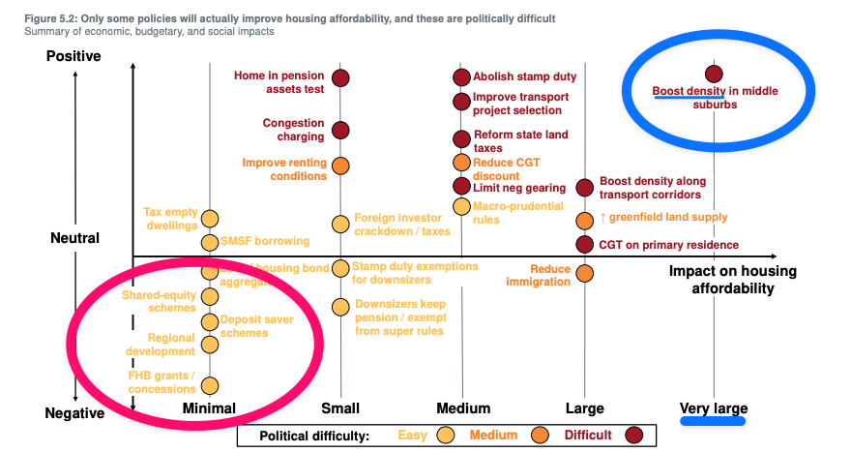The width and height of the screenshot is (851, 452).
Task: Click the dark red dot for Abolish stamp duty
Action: (x=462, y=77)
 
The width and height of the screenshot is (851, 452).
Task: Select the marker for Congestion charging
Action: (x=340, y=131)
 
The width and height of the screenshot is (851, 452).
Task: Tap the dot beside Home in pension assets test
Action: (x=340, y=77)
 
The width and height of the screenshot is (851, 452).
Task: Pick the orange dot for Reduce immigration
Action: (x=584, y=274)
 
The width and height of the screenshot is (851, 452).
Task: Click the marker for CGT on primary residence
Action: (x=584, y=244)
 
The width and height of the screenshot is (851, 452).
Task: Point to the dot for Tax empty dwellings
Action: (x=210, y=220)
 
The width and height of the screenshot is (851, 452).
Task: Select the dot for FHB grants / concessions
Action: (x=210, y=386)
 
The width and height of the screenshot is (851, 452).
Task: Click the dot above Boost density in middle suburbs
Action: (x=714, y=74)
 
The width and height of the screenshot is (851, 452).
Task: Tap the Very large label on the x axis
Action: (x=714, y=408)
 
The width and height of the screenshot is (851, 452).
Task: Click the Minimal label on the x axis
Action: (x=209, y=408)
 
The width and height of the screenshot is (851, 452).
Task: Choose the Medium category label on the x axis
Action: (x=462, y=408)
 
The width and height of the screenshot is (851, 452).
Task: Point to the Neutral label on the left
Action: (x=73, y=238)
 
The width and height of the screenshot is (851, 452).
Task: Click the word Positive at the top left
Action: (x=73, y=56)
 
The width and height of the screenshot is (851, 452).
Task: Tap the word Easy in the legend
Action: (x=413, y=436)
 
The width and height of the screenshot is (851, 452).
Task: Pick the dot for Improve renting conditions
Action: (x=340, y=166)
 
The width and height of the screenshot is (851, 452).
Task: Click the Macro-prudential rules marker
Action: (x=462, y=204)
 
